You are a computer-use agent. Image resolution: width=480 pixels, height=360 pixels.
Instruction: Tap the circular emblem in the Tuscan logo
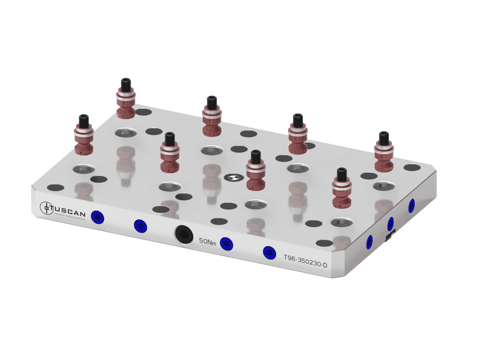[x=46, y=207]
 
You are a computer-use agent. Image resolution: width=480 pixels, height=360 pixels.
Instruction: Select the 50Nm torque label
[x=207, y=241]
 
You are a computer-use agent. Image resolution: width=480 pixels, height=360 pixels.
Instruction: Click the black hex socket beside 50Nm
[x=183, y=234]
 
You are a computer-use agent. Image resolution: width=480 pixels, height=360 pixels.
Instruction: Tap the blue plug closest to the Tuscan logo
[x=98, y=217]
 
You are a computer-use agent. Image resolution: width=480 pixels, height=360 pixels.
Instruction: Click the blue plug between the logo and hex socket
[x=140, y=225]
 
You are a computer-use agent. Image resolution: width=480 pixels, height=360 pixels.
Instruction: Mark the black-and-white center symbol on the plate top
[x=231, y=178]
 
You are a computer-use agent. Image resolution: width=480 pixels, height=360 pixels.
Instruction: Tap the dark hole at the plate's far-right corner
[x=412, y=168]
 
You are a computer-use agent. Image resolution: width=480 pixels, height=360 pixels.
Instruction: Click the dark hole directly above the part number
[x=325, y=243]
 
